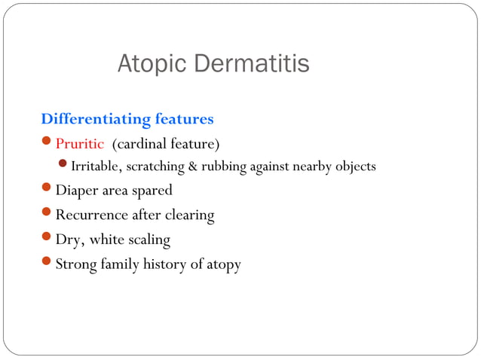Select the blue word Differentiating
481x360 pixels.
point(96,119)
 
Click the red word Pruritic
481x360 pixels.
point(81,143)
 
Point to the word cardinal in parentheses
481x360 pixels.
point(142,143)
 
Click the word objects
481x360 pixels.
point(354,166)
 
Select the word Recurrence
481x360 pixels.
point(91,215)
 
